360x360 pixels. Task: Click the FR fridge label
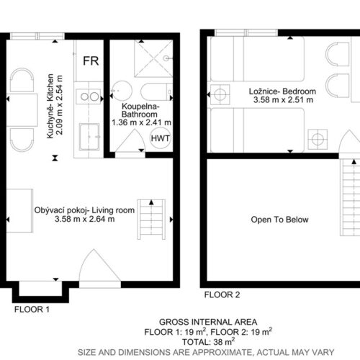click(91, 61)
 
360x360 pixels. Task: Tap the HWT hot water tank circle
click(161, 138)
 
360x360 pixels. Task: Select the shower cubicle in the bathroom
click(153, 58)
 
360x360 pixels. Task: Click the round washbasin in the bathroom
click(122, 91)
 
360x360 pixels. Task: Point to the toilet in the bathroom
click(157, 91)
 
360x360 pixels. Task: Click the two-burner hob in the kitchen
click(89, 96)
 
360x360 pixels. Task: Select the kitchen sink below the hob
click(89, 137)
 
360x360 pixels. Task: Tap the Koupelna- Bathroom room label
click(140, 110)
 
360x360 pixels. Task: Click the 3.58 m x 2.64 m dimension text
click(84, 219)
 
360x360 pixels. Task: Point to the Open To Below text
click(279, 220)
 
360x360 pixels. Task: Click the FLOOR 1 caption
click(32, 310)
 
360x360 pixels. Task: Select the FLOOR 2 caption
click(222, 294)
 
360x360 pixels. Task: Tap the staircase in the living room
click(151, 220)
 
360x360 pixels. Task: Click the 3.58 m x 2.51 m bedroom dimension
click(283, 99)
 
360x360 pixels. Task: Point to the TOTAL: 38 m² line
click(208, 341)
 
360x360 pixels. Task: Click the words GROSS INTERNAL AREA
click(208, 322)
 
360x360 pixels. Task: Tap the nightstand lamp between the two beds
click(220, 94)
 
